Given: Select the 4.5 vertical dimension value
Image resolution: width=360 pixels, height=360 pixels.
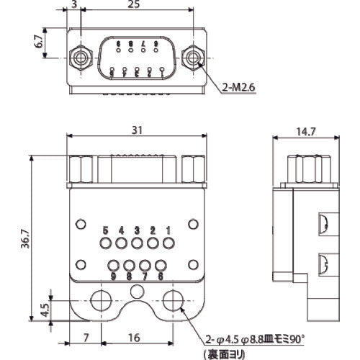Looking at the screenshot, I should [x=45, y=309].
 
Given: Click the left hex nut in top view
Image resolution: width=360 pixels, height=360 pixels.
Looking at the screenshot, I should [x=80, y=56].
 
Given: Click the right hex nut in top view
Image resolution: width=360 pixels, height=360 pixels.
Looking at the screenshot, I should [x=192, y=56].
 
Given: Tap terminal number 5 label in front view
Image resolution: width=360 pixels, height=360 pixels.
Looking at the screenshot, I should [x=105, y=230].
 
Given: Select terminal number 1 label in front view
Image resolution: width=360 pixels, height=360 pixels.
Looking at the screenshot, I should [x=168, y=230].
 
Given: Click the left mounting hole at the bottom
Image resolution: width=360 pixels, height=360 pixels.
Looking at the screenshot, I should [x=100, y=298].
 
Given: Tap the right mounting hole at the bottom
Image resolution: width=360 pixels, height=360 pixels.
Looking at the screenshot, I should [x=173, y=298].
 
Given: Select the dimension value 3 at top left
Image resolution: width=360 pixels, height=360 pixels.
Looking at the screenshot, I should [x=75, y=6].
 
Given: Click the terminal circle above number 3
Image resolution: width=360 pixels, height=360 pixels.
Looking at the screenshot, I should [x=137, y=244].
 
